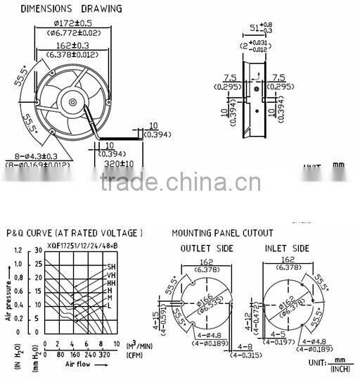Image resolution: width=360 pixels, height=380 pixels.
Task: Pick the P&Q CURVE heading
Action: [74, 233]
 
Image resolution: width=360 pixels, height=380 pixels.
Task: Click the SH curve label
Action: [111, 267]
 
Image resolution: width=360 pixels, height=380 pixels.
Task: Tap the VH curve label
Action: [111, 275]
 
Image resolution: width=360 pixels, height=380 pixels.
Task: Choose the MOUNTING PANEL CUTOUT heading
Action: [222, 233]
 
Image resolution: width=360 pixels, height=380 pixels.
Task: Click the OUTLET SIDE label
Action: [206, 248]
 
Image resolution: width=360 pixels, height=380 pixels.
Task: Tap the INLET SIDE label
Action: [286, 248]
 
